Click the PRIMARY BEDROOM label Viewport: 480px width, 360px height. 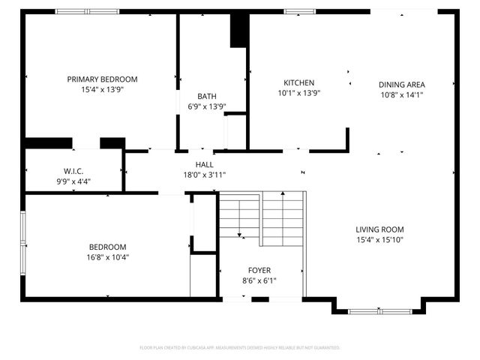(x=102, y=79)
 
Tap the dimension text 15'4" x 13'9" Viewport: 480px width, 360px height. (x=102, y=89)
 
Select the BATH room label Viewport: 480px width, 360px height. (x=206, y=96)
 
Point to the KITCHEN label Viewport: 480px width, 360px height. (x=298, y=82)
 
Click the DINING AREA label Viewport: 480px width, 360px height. (x=402, y=85)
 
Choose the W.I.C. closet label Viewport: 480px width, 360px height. (x=73, y=170)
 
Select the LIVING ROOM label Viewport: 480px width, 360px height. (x=379, y=229)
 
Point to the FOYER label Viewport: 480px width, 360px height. (x=259, y=270)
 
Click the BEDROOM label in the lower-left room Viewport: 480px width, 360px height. (x=108, y=247)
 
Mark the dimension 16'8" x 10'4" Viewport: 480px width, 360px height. (x=108, y=257)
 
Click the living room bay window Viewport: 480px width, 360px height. (x=379, y=310)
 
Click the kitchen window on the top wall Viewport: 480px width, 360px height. (x=298, y=11)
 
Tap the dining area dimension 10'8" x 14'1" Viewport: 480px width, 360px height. (x=402, y=95)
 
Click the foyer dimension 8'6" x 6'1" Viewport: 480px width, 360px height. (x=259, y=280)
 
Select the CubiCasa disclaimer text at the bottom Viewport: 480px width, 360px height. (x=240, y=348)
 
